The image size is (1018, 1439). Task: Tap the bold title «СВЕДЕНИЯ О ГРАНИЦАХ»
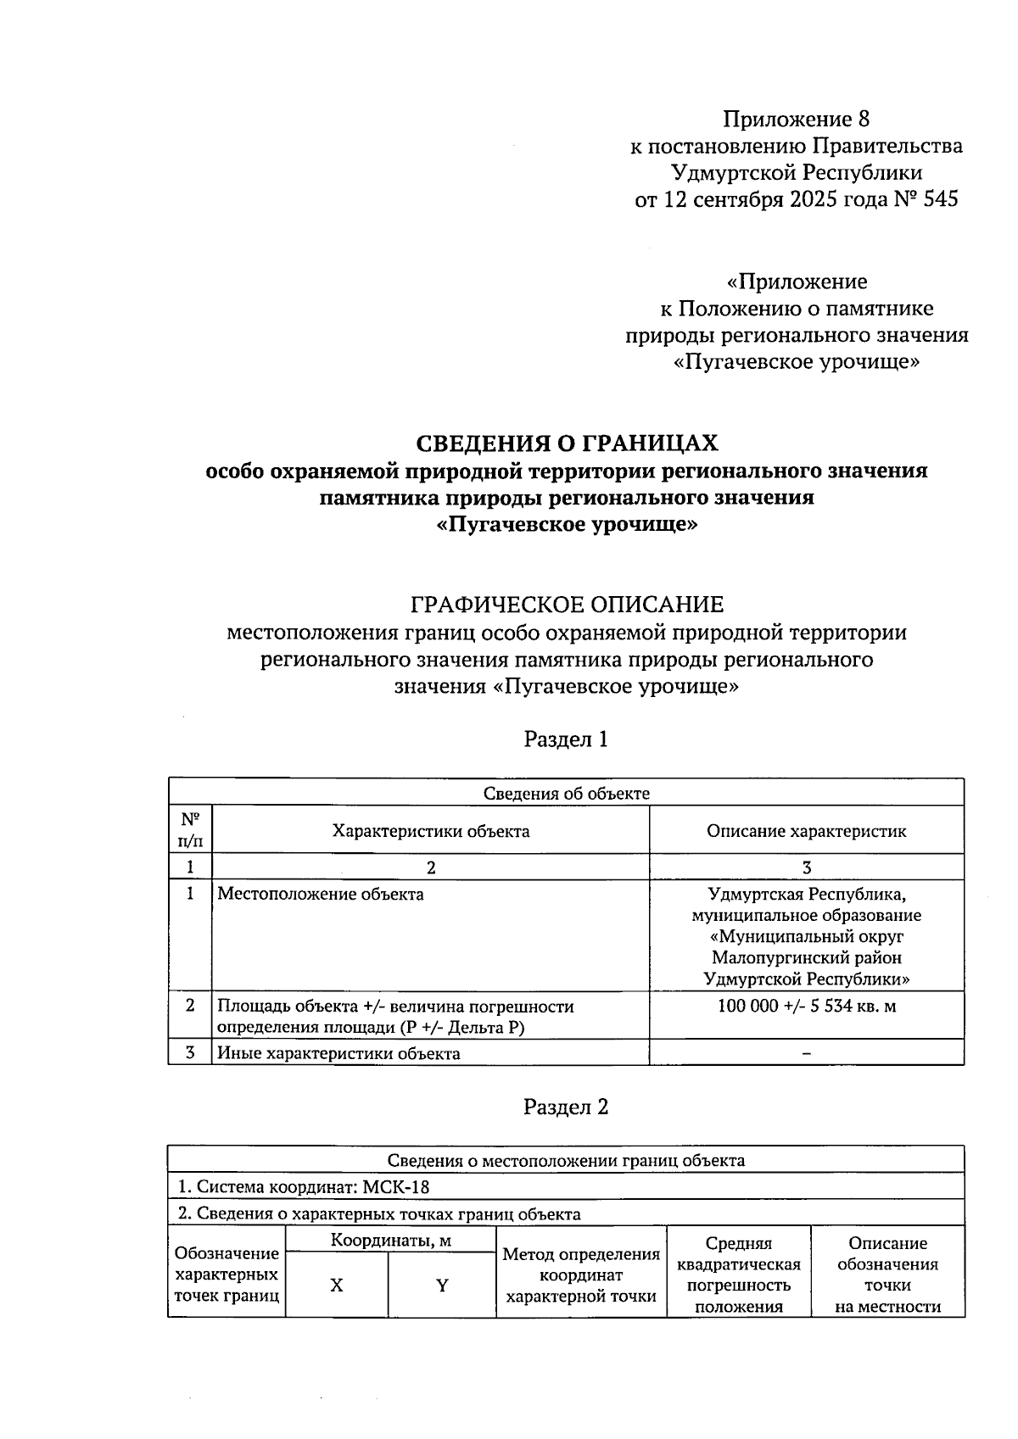pos(566,443)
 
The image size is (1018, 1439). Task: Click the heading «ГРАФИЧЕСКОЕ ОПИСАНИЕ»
pos(566,605)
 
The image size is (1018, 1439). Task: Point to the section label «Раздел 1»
pos(566,739)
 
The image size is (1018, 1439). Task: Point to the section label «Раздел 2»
pos(566,1107)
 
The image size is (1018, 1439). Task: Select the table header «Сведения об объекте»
pos(566,794)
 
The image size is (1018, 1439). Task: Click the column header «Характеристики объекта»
pos(431,831)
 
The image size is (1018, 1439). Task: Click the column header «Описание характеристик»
pos(806,831)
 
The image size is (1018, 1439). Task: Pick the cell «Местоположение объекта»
pos(321,894)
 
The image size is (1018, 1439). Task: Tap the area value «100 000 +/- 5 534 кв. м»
pos(806,1007)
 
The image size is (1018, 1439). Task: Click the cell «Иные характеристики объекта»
pos(338,1054)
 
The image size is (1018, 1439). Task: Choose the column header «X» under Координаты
pos(337,1286)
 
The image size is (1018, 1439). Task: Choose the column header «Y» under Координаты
pos(442,1286)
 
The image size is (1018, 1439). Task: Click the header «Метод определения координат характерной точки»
pos(581,1275)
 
